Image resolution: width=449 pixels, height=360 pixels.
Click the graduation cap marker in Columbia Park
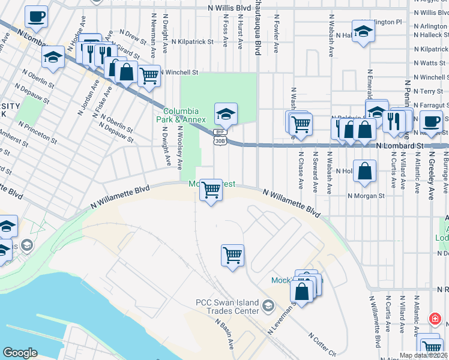pos(226,113)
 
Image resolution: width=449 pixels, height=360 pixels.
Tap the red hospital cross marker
pos(434,319)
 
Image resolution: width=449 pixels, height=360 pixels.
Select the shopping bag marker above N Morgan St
pos(365,172)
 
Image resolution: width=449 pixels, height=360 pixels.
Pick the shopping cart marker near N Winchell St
pos(148,76)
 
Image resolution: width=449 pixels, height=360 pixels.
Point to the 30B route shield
pos(220,140)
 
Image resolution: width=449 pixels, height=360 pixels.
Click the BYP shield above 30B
pos(220,131)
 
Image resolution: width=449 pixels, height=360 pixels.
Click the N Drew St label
pos(133,37)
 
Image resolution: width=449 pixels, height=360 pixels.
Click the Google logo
pos(20,352)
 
